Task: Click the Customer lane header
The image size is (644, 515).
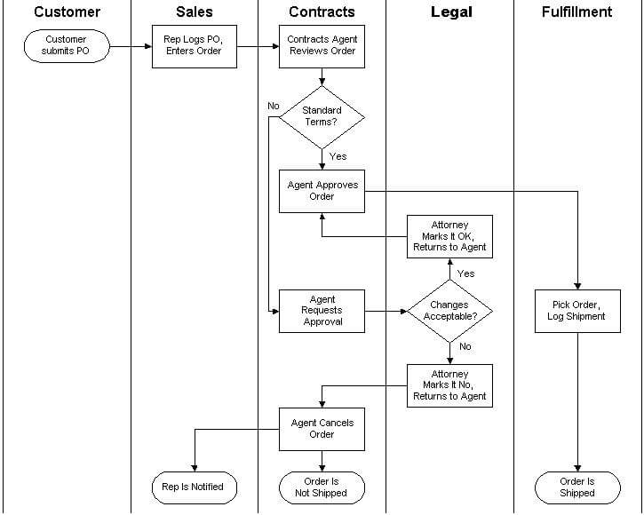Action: [x=67, y=12]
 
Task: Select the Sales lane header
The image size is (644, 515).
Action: [x=194, y=12]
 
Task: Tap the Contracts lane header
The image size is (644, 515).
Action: [x=322, y=12]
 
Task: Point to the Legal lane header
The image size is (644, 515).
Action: [x=451, y=12]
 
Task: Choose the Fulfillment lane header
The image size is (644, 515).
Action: [x=577, y=12]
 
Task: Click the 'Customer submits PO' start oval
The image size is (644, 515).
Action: [x=67, y=45]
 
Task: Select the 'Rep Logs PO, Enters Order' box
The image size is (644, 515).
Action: [x=194, y=46]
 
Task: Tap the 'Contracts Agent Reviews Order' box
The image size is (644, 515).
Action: [x=322, y=46]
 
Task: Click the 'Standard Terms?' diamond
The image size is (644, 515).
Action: [x=322, y=116]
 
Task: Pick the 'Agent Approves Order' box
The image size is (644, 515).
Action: [x=322, y=191]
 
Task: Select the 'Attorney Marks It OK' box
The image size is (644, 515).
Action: [x=449, y=236]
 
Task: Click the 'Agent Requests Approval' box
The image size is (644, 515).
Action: [x=322, y=311]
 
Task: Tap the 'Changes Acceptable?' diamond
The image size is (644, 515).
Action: [x=449, y=311]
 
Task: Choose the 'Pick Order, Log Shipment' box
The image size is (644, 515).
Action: [x=577, y=311]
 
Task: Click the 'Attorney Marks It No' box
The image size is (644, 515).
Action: [x=449, y=385]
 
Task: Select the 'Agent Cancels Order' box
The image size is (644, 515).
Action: [x=322, y=429]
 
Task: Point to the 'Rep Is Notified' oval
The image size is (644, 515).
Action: [x=194, y=487]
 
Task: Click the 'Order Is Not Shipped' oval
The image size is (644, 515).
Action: [x=322, y=487]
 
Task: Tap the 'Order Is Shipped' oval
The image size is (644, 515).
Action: [x=577, y=487]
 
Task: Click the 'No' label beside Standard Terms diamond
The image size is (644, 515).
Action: [x=274, y=106]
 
